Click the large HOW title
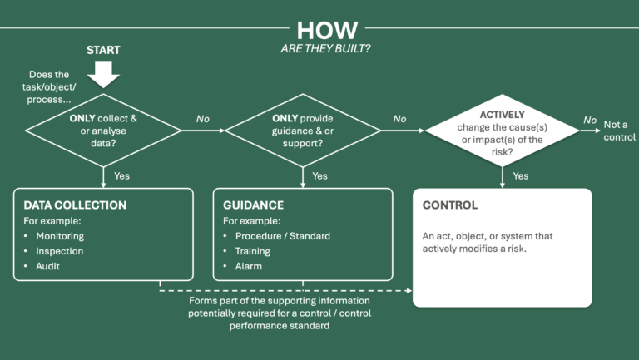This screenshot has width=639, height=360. click(x=327, y=29)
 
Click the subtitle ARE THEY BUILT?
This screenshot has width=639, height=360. click(x=327, y=49)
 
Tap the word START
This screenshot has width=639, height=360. click(x=103, y=50)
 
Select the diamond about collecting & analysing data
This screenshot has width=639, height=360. click(x=104, y=130)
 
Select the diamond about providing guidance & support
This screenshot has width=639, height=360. click(x=303, y=130)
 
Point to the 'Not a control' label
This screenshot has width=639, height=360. click(x=618, y=131)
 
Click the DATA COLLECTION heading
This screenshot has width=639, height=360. click(x=75, y=205)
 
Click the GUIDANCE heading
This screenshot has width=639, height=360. click(x=254, y=205)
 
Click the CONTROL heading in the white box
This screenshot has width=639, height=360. click(x=450, y=205)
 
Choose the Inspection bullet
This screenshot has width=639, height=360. click(x=58, y=251)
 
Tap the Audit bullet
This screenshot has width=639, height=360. click(x=48, y=266)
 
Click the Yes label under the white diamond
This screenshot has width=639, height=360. click(x=520, y=175)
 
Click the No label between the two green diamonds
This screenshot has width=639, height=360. click(x=203, y=120)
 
